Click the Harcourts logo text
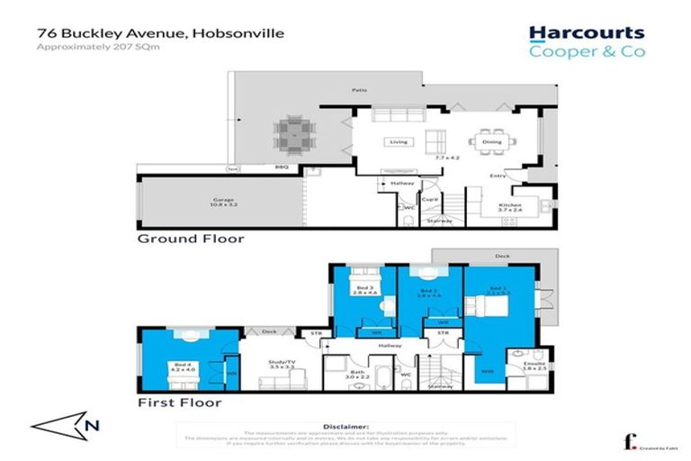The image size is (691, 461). pyautogui.click(x=586, y=33)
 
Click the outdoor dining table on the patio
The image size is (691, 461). pyautogui.click(x=292, y=135)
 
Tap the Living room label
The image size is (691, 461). pyautogui.click(x=397, y=142)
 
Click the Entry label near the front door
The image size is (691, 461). pyautogui.click(x=497, y=176)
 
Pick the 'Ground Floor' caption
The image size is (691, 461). pyautogui.click(x=190, y=240)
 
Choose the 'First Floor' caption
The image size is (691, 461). pyautogui.click(x=179, y=402)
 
